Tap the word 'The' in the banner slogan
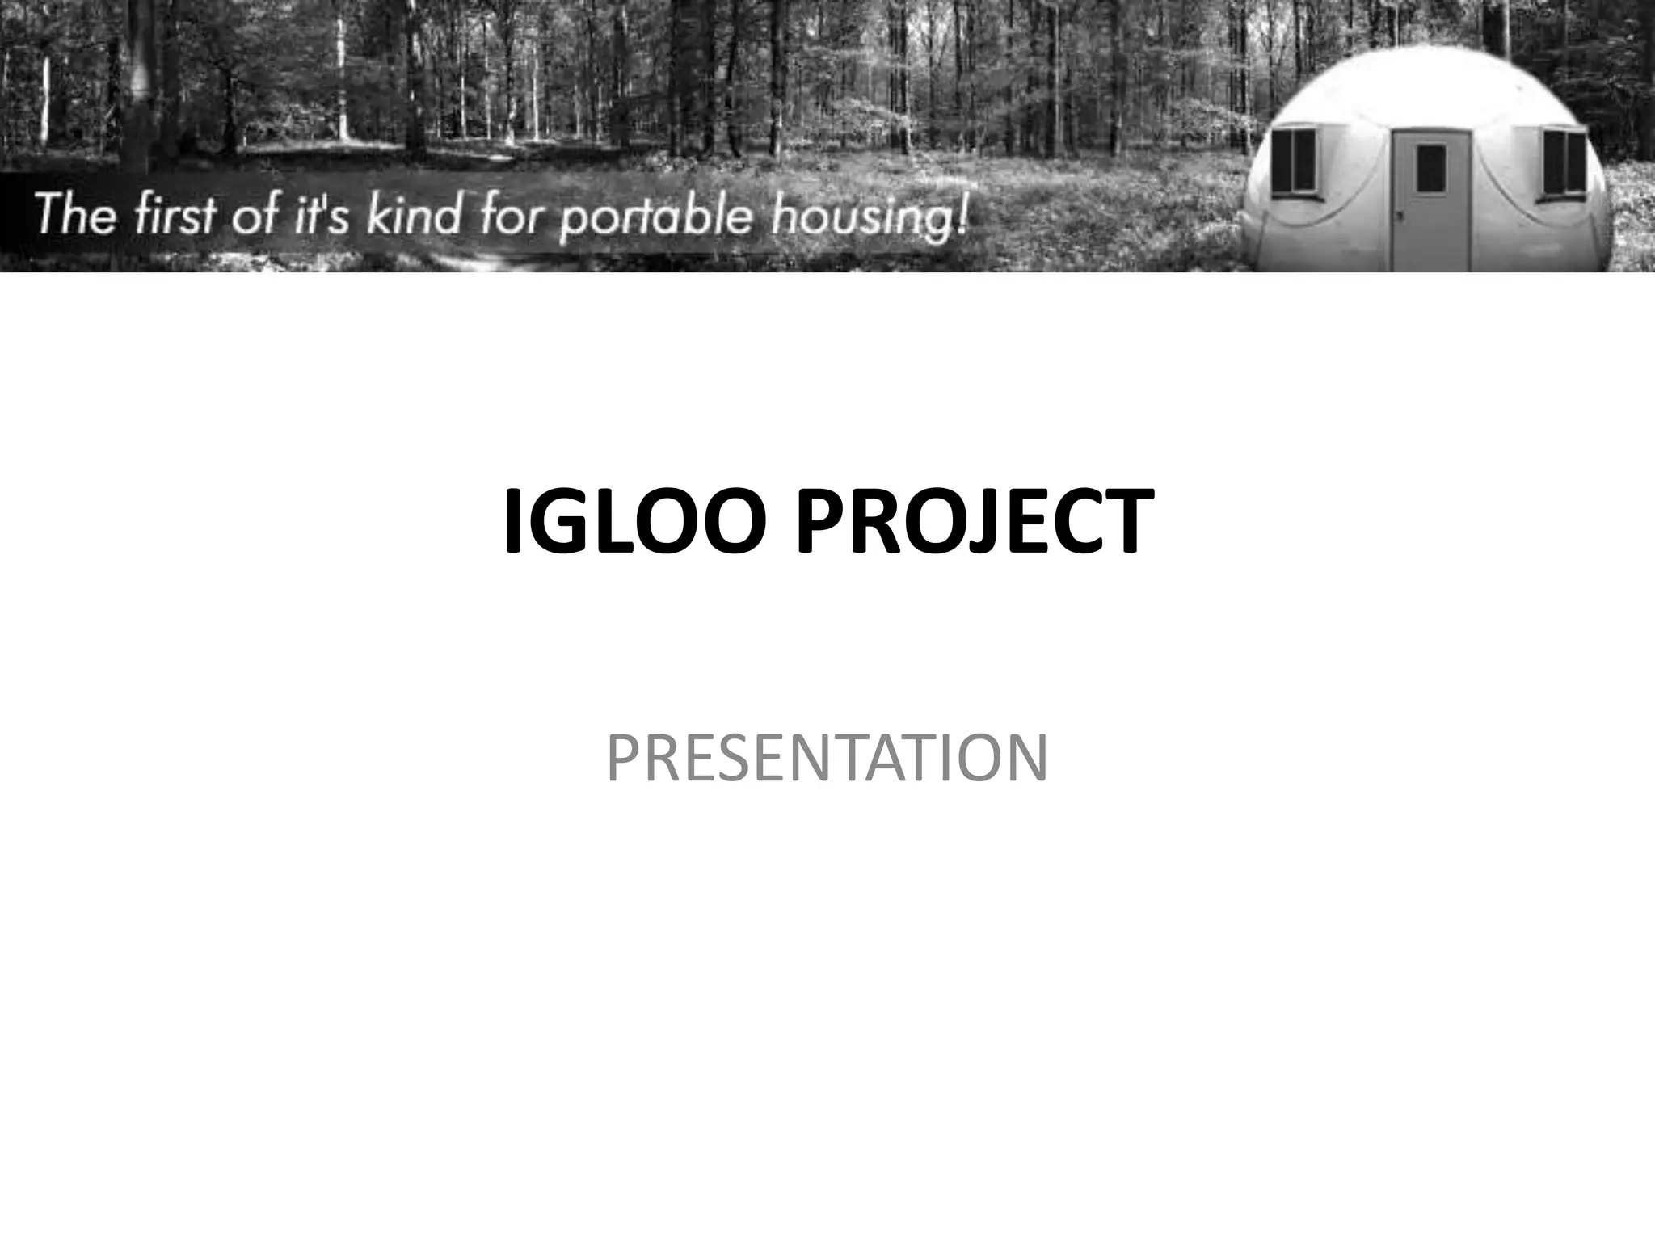coord(74,217)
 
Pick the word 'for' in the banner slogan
coord(510,217)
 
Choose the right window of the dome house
coord(1564,162)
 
